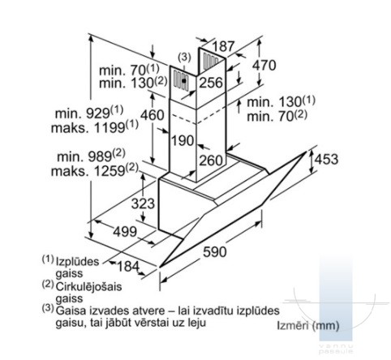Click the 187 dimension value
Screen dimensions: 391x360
pos(223,46)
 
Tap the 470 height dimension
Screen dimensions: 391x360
pos(264,65)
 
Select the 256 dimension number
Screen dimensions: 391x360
pos(211,83)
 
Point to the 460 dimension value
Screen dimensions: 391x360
pos(153,115)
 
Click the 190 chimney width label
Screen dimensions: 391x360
pos(183,140)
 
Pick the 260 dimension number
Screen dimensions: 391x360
pos(211,160)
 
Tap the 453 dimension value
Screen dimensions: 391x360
pos(326,159)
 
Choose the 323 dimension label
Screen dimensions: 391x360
pos(143,204)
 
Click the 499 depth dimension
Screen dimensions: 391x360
pos(125,232)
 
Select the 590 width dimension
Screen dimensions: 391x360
pos(215,252)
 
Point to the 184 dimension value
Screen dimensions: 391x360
pos(128,267)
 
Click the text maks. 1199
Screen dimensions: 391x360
pos(95,126)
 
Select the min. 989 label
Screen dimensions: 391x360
pos(91,156)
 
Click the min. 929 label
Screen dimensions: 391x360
pos(89,113)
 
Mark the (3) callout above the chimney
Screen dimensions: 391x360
pos(184,58)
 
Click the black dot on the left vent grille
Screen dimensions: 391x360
pos(184,80)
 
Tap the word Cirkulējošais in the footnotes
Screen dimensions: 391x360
pos(88,287)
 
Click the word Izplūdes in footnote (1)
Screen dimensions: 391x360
pos(77,262)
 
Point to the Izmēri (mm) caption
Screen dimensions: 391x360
pos(308,326)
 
